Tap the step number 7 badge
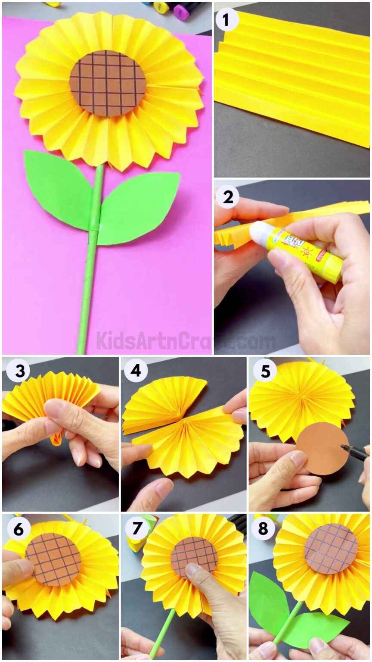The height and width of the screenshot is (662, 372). click(x=136, y=528)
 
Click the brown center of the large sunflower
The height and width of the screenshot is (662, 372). click(x=108, y=83)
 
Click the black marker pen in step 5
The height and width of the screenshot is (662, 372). click(x=355, y=452)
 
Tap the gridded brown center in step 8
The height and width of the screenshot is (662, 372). click(x=331, y=549)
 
